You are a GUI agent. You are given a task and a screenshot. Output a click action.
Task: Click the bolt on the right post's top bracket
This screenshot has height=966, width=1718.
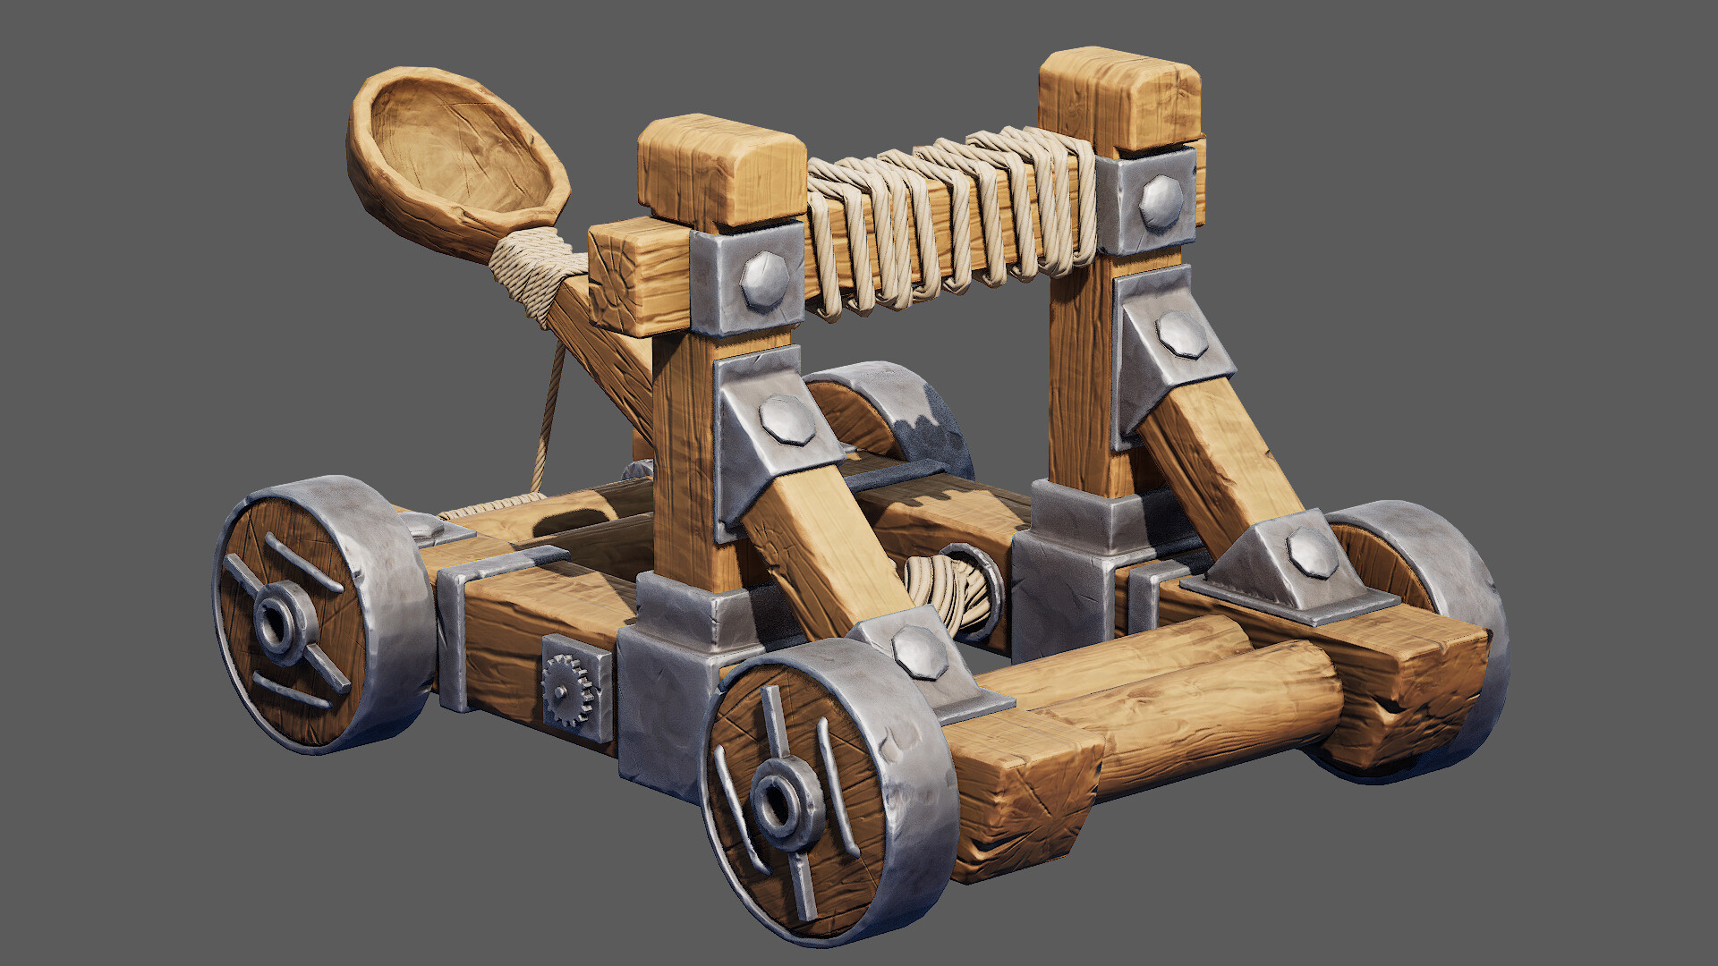[1161, 201]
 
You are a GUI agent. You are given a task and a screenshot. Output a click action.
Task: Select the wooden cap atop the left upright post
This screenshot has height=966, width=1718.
[720, 170]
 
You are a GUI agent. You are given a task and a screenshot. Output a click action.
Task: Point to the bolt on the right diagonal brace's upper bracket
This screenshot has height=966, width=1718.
[1181, 335]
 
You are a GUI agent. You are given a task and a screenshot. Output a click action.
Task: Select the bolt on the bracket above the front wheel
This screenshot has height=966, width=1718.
[918, 650]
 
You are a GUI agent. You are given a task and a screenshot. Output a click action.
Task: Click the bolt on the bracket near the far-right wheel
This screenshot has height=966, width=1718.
[1312, 551]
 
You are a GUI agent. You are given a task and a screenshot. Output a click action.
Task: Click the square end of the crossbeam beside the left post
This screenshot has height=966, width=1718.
[626, 277]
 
